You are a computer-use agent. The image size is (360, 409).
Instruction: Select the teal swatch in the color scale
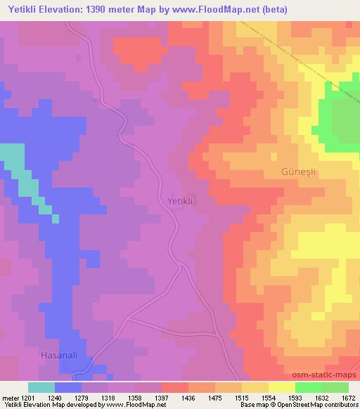click(41, 387)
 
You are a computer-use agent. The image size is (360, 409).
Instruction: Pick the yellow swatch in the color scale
click(281, 387)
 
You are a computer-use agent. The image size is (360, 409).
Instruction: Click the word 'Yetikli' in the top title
click(21, 9)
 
